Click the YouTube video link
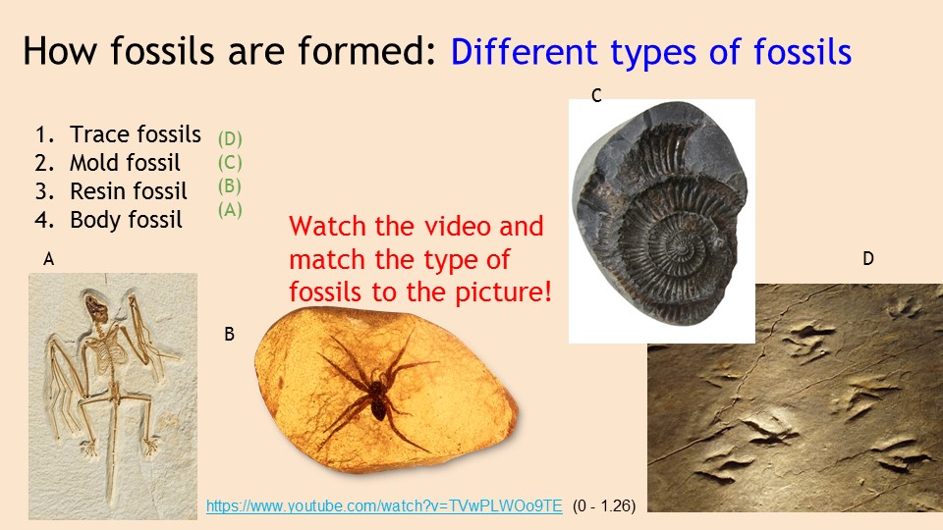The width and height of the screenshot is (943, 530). [x=384, y=506]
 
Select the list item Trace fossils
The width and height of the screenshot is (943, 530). [x=118, y=134]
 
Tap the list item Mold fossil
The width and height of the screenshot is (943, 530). [x=108, y=163]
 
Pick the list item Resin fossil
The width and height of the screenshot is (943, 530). [x=111, y=191]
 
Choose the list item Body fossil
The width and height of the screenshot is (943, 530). [x=108, y=220]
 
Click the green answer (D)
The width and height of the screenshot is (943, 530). [x=230, y=138]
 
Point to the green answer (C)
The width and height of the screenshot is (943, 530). [x=230, y=162]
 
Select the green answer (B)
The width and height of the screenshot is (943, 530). [x=230, y=185]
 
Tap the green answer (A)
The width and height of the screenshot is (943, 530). [x=230, y=210]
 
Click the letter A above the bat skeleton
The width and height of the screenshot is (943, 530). [x=49, y=259]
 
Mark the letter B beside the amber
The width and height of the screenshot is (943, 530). [x=229, y=334]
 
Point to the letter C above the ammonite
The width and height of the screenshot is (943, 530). [x=596, y=95]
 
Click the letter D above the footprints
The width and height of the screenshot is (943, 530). [x=867, y=258]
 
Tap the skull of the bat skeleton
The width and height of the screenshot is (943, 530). [x=95, y=306]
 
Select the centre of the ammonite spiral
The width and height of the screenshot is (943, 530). [x=683, y=247]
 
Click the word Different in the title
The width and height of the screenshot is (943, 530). [x=524, y=52]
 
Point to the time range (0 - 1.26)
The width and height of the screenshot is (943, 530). [x=604, y=506]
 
